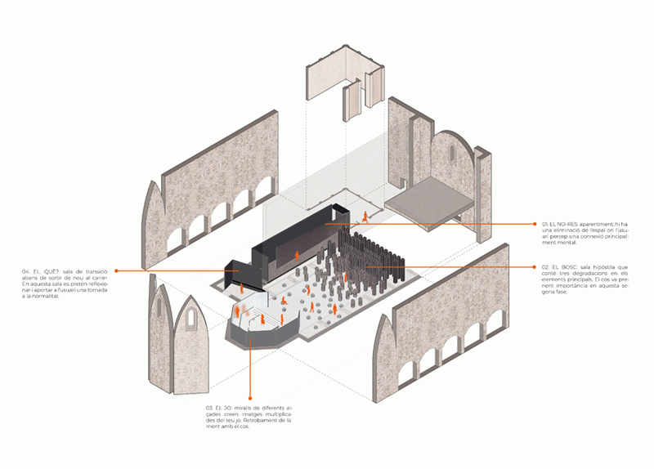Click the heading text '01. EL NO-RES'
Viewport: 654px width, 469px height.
pyautogui.click(x=565, y=224)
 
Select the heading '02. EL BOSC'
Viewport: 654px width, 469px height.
pyautogui.click(x=562, y=267)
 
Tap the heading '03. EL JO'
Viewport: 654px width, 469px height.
pyautogui.click(x=224, y=408)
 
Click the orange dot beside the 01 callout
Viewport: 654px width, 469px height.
pyautogui.click(x=535, y=222)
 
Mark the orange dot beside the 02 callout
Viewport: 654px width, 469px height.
pyautogui.click(x=535, y=266)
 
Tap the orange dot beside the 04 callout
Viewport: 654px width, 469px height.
pyautogui.click(x=117, y=270)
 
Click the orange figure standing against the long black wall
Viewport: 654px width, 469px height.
pyautogui.click(x=296, y=259)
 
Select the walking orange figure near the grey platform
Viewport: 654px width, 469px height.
pyautogui.click(x=365, y=217)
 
